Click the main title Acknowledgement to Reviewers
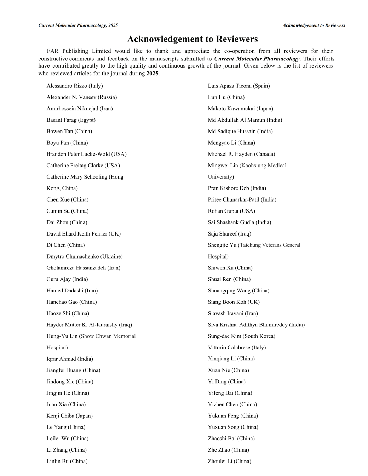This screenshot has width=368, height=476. coord(192,39)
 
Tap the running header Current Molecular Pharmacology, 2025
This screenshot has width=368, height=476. coord(78,25)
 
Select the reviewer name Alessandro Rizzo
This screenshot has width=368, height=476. coord(67,86)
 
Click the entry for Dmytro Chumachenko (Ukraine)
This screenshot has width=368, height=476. coord(84,256)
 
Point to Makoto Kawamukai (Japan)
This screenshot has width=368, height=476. coord(240,109)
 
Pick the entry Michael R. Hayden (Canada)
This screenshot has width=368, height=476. coord(241,154)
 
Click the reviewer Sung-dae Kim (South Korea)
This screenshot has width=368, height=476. coord(241,336)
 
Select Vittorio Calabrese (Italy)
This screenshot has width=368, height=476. coord(237,347)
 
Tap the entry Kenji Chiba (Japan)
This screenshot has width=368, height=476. coord(69,416)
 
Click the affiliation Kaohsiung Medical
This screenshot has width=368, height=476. coord(264,166)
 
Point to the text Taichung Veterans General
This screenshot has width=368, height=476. coord(270,245)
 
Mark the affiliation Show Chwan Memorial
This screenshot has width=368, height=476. coord(108,336)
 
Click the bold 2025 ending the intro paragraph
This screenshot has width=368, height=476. coord(152,74)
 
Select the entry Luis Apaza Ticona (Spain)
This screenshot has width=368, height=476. coord(238,86)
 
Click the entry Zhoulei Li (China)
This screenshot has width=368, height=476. coord(229,461)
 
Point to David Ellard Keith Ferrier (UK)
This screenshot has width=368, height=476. coord(84,234)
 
